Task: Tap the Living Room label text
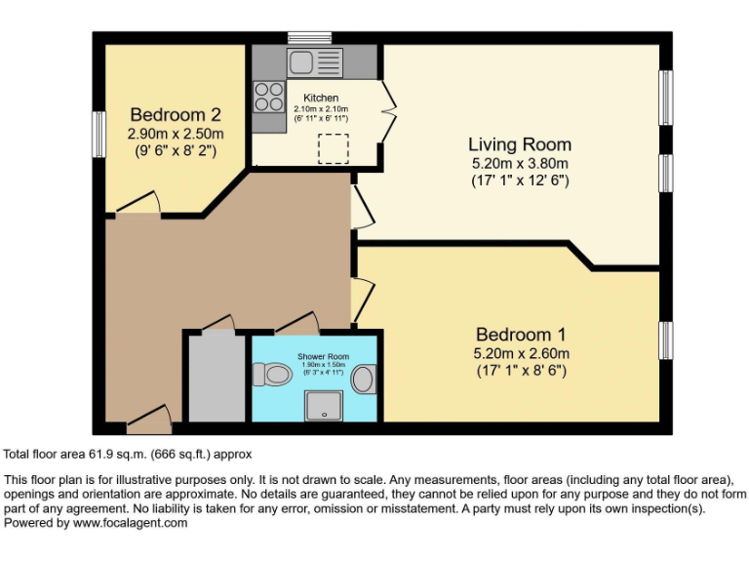coord(520,143)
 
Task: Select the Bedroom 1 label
coord(521,333)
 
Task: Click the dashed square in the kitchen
coord(334,146)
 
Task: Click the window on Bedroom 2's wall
coord(99,133)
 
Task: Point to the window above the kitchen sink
coord(310,37)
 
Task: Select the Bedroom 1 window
coord(666,340)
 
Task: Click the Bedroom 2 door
coord(137,203)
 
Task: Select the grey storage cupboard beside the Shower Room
coord(217,379)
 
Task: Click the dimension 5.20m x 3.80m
coord(520,163)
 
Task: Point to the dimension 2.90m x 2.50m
coord(177,134)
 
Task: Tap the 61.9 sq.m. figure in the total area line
coord(113,454)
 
